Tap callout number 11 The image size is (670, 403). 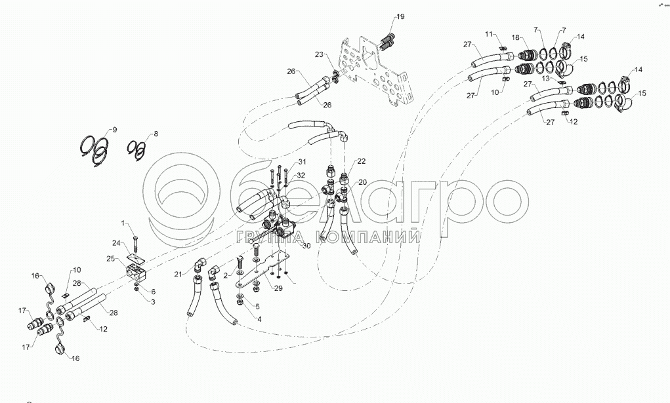[489, 33]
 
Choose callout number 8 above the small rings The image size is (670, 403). [156, 134]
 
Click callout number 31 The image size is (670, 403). [302, 162]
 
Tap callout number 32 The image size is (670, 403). [301, 175]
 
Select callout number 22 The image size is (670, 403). [362, 161]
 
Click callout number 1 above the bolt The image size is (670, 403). [123, 225]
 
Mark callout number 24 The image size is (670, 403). [116, 242]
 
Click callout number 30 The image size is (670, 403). [306, 246]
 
